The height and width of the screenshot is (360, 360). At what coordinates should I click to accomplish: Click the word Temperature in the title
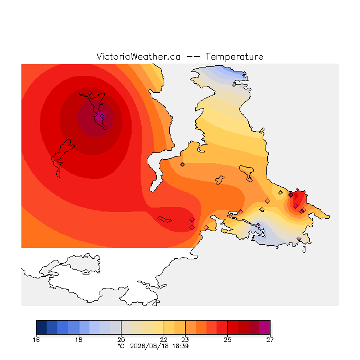(x=234, y=56)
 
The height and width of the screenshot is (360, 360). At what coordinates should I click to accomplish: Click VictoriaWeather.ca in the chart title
(x=138, y=56)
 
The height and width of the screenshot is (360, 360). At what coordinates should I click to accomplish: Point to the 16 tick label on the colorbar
(x=36, y=340)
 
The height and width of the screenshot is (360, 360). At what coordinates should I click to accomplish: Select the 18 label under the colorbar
(x=79, y=340)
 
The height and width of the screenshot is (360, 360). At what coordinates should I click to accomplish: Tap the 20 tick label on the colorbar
(x=121, y=340)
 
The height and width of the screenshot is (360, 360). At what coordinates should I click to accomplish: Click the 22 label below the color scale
(x=164, y=340)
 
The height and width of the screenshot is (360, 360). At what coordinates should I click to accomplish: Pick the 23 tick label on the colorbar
(x=185, y=340)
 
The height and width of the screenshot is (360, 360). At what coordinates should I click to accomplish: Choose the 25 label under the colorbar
(x=227, y=340)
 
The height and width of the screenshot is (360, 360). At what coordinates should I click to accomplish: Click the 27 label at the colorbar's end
(x=270, y=340)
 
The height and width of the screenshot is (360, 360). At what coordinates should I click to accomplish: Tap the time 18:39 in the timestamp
(x=181, y=346)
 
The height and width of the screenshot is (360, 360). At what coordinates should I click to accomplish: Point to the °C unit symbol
(x=121, y=346)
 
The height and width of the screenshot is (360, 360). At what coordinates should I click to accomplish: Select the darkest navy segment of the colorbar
(x=42, y=327)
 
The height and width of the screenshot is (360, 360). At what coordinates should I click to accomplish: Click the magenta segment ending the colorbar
(x=265, y=327)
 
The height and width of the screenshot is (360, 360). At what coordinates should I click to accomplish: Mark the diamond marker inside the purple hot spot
(x=102, y=116)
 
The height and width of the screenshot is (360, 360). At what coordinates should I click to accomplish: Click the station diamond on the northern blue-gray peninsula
(x=234, y=84)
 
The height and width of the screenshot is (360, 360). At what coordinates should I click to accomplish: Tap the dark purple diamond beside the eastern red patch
(x=291, y=195)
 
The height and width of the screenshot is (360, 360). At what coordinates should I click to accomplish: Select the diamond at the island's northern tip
(x=90, y=93)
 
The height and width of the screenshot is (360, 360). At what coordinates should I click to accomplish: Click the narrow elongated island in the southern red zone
(x=164, y=219)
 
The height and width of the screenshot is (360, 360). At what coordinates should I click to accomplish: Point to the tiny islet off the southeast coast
(x=304, y=250)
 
